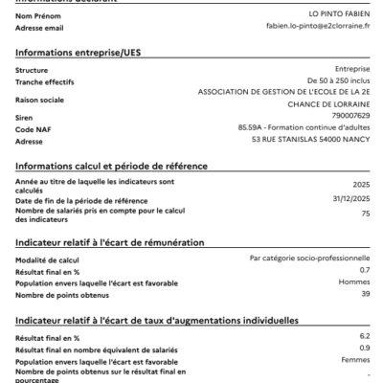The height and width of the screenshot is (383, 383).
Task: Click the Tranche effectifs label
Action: point(45,82)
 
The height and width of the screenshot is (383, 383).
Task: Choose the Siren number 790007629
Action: point(351,116)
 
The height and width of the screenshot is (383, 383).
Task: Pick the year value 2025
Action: point(361,185)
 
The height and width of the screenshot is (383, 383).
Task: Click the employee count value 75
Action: point(365,214)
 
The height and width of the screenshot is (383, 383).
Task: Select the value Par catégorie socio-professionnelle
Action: point(309,258)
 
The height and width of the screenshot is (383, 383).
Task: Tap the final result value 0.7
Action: point(365,270)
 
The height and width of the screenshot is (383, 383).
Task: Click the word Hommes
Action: point(354,282)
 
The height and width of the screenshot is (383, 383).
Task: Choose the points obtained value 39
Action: point(365,294)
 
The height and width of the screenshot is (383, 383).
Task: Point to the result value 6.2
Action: point(365,336)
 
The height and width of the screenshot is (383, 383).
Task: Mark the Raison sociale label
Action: point(40,99)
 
